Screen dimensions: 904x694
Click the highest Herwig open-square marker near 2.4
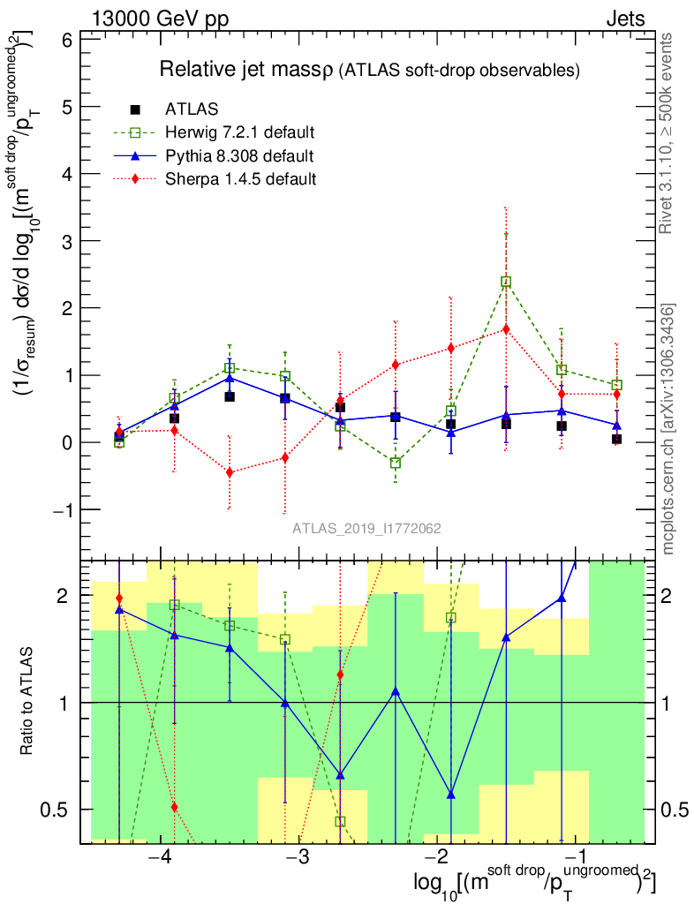point(506,282)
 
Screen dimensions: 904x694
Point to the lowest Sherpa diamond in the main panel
point(230,472)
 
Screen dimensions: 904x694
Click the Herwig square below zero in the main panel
point(396,463)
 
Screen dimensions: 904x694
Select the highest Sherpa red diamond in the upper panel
point(506,329)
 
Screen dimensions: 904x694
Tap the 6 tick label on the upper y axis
point(66,40)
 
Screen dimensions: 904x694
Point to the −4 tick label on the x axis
point(160,860)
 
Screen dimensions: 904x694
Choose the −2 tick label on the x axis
point(437,860)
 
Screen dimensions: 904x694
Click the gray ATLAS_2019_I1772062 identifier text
point(367,529)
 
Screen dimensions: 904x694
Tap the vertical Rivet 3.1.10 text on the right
point(668,132)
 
